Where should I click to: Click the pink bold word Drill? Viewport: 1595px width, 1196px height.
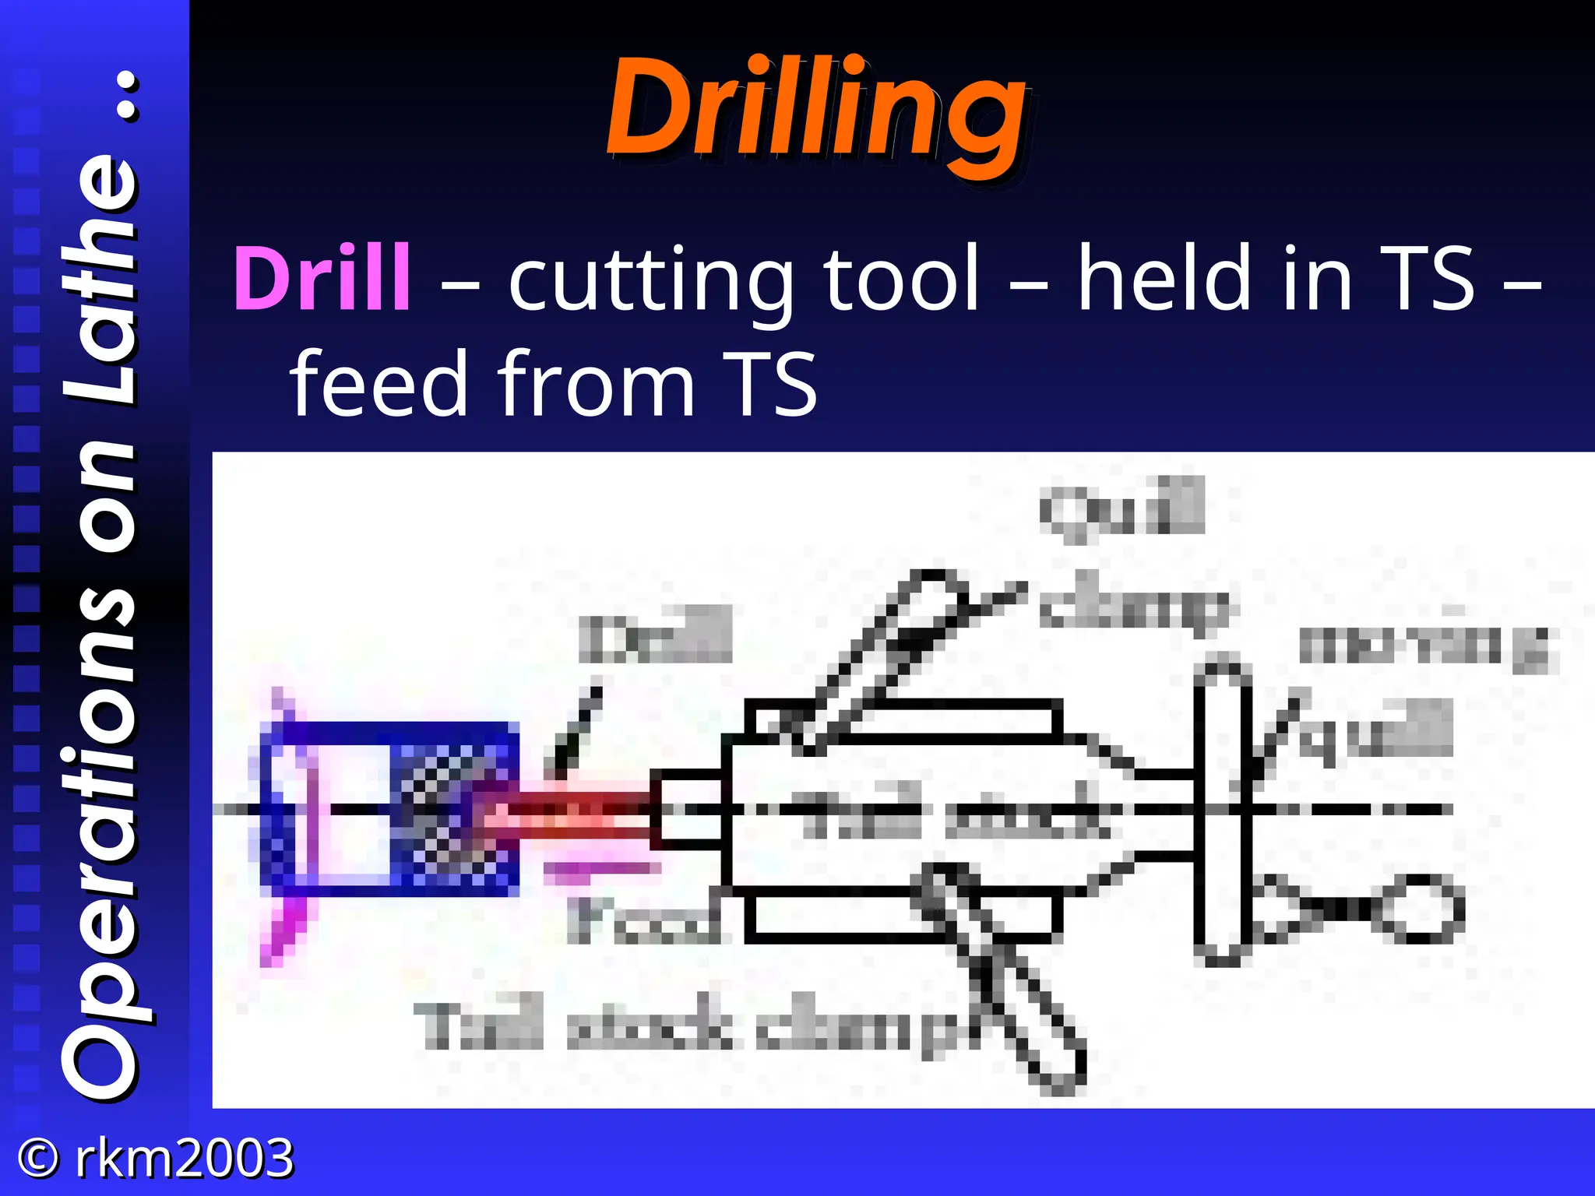click(322, 279)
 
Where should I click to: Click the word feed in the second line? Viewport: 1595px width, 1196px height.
click(377, 383)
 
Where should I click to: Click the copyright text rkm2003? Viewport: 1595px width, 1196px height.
click(184, 1158)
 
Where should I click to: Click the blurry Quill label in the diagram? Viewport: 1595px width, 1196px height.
click(1121, 508)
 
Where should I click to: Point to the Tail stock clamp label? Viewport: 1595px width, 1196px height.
click(685, 1026)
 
